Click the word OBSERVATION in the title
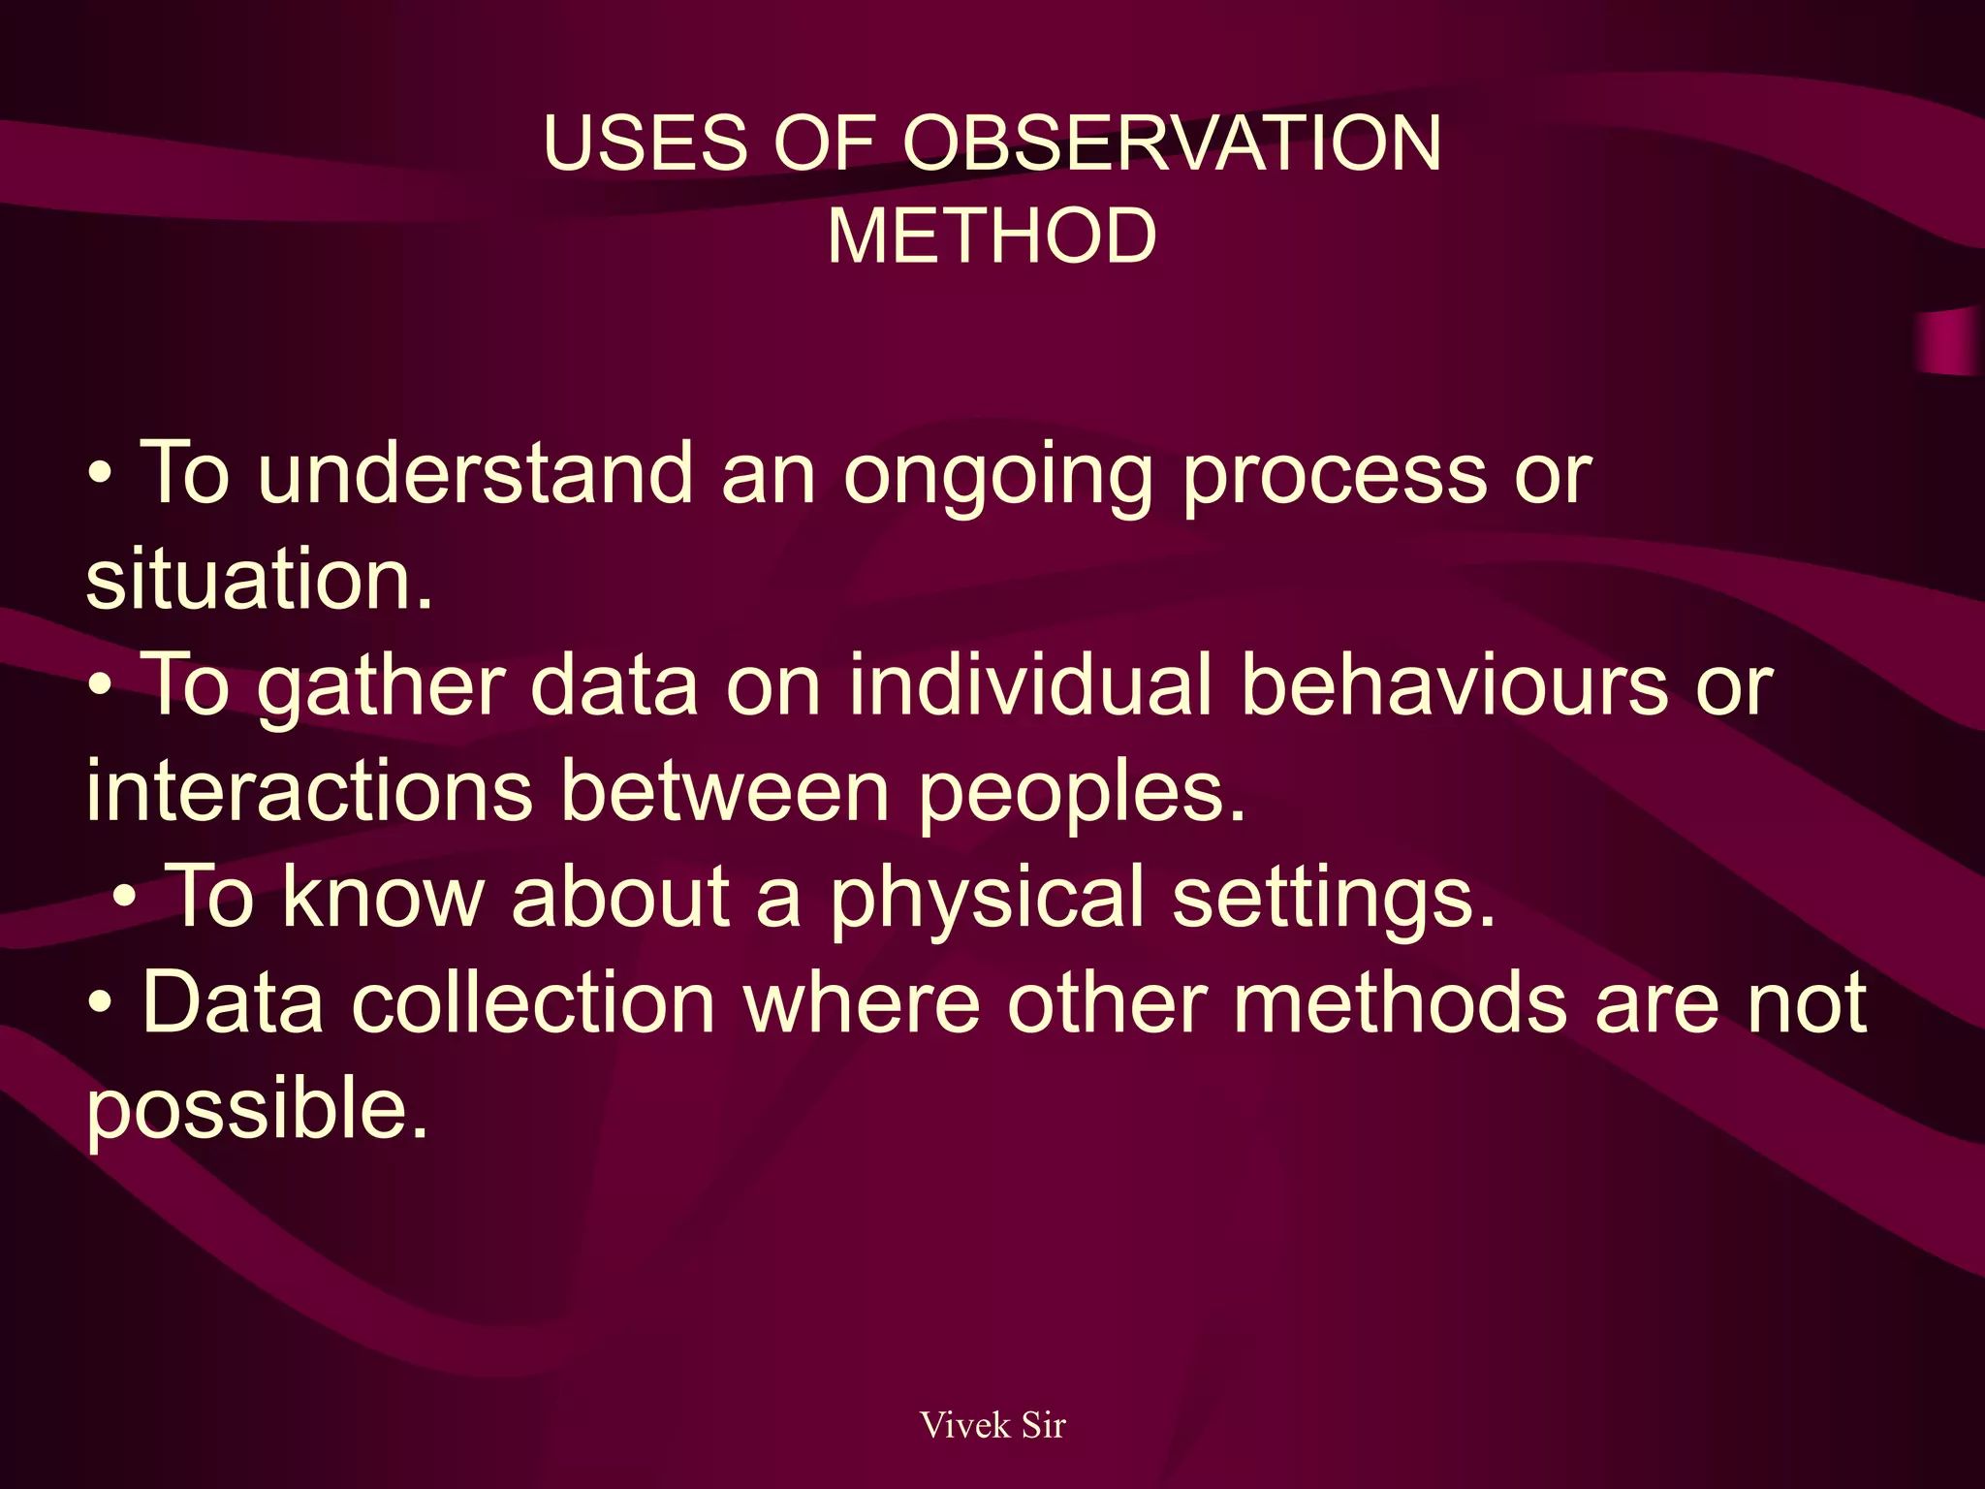click(1172, 143)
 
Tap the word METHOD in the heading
click(992, 236)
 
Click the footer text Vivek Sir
click(992, 1425)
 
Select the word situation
click(259, 579)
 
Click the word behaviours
click(1454, 683)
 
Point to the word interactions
click(309, 790)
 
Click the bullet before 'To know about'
click(124, 899)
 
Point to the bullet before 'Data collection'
click(101, 1005)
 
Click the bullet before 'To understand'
click(101, 476)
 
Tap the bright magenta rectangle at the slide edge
click(1950, 342)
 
